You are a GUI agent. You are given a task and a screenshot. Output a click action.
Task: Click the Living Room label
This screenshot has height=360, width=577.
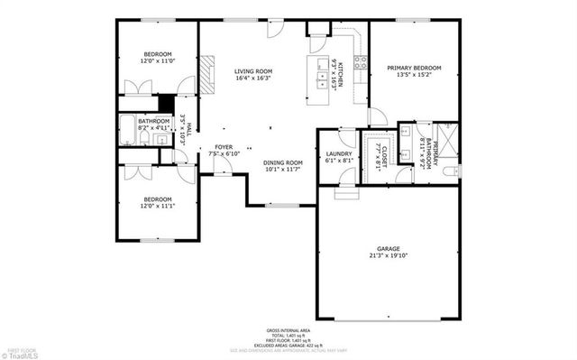(x=253, y=71)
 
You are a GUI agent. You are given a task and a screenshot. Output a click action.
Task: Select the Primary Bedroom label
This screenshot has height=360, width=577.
(x=414, y=68)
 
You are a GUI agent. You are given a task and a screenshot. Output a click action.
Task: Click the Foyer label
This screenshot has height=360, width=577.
(x=224, y=147)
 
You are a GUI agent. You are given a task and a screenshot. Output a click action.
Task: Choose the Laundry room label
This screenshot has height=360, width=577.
(x=338, y=155)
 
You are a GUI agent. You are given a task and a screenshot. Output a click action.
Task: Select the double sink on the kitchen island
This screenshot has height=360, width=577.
(x=323, y=76)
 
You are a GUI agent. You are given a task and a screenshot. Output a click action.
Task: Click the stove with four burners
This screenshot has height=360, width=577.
(x=360, y=63)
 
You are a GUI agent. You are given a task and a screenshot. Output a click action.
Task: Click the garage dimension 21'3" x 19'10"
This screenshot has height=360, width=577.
(x=388, y=256)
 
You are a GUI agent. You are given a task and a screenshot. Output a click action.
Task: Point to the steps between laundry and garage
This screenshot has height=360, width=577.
(x=346, y=193)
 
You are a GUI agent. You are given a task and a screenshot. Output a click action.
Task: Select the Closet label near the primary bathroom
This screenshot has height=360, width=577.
(x=382, y=153)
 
